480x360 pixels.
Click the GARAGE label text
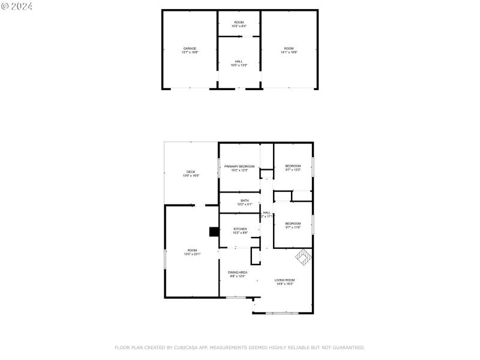tap(190, 49)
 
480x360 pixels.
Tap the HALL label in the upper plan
tap(239, 61)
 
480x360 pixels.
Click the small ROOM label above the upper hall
tap(239, 22)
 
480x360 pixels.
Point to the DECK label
tap(191, 172)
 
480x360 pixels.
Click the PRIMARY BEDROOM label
tap(239, 166)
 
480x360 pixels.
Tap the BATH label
tap(244, 200)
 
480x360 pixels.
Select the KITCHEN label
tap(240, 229)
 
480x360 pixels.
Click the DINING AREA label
tap(238, 272)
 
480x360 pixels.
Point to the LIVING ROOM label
tap(285, 280)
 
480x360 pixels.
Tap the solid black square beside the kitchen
tap(213, 232)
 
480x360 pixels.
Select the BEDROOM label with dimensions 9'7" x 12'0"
tap(293, 166)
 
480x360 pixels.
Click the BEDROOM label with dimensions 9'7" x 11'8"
tap(293, 223)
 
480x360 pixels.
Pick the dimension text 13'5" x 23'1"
tap(192, 254)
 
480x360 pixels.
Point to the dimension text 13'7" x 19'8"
tap(190, 53)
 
